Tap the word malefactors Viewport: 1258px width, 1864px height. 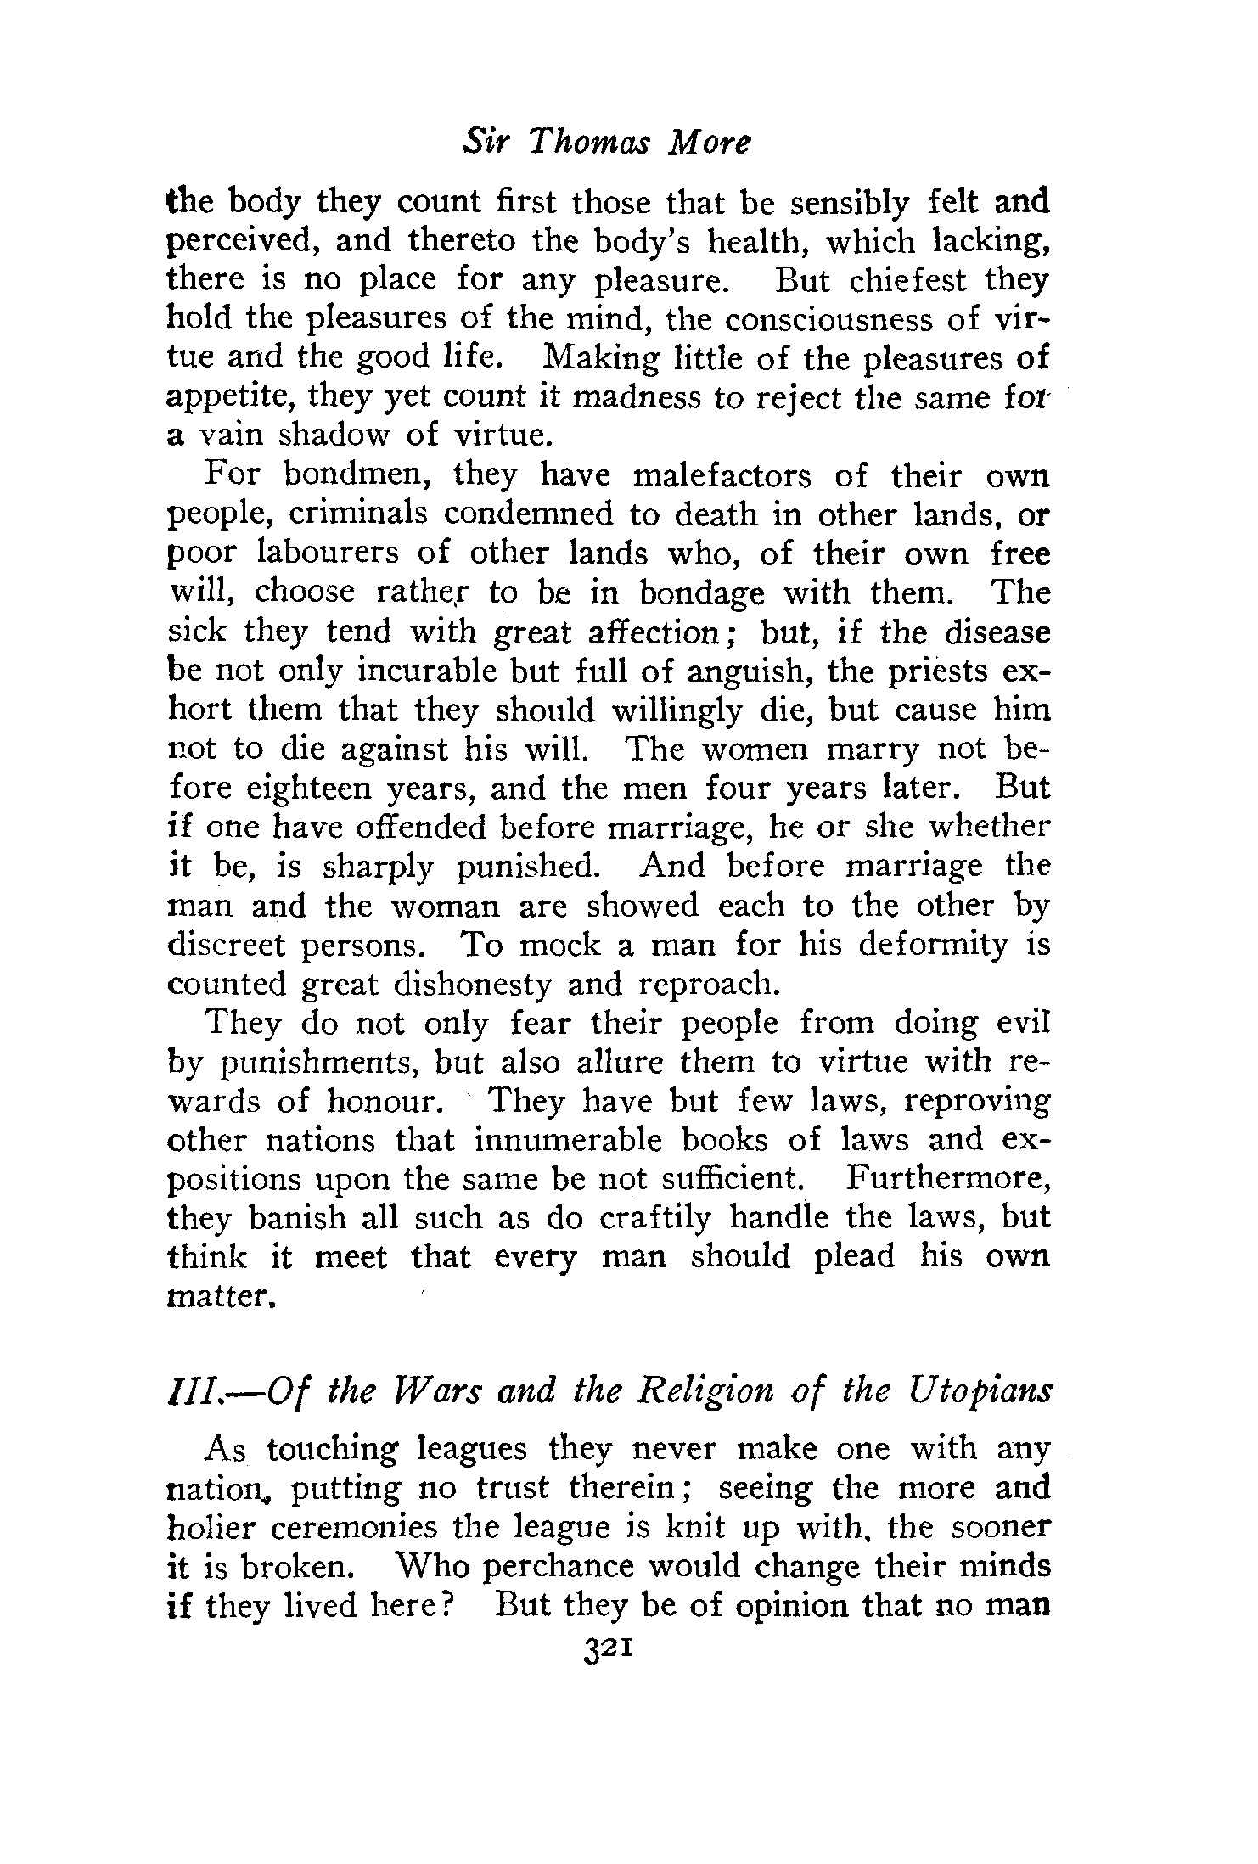click(722, 475)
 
